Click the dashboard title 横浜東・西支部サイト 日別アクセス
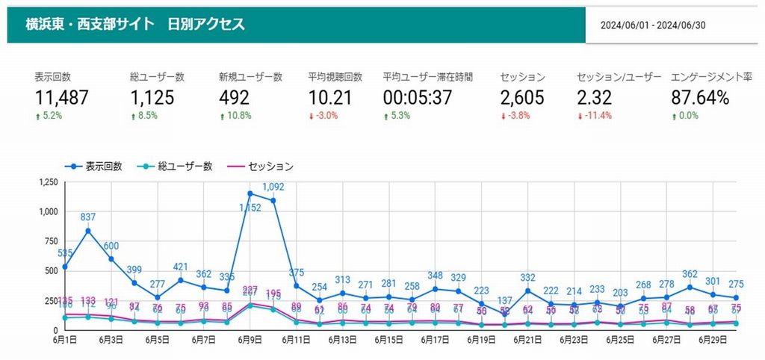(x=135, y=25)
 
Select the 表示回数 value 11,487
(x=61, y=97)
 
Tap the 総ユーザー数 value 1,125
(x=152, y=97)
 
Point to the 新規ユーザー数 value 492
(x=235, y=97)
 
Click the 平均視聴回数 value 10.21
(x=329, y=97)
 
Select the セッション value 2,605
(x=522, y=97)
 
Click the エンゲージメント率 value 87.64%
(x=699, y=97)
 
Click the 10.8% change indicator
(x=238, y=116)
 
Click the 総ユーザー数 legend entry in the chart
(x=185, y=166)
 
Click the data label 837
(x=88, y=217)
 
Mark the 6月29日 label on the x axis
(x=713, y=340)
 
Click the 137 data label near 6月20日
(x=504, y=301)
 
